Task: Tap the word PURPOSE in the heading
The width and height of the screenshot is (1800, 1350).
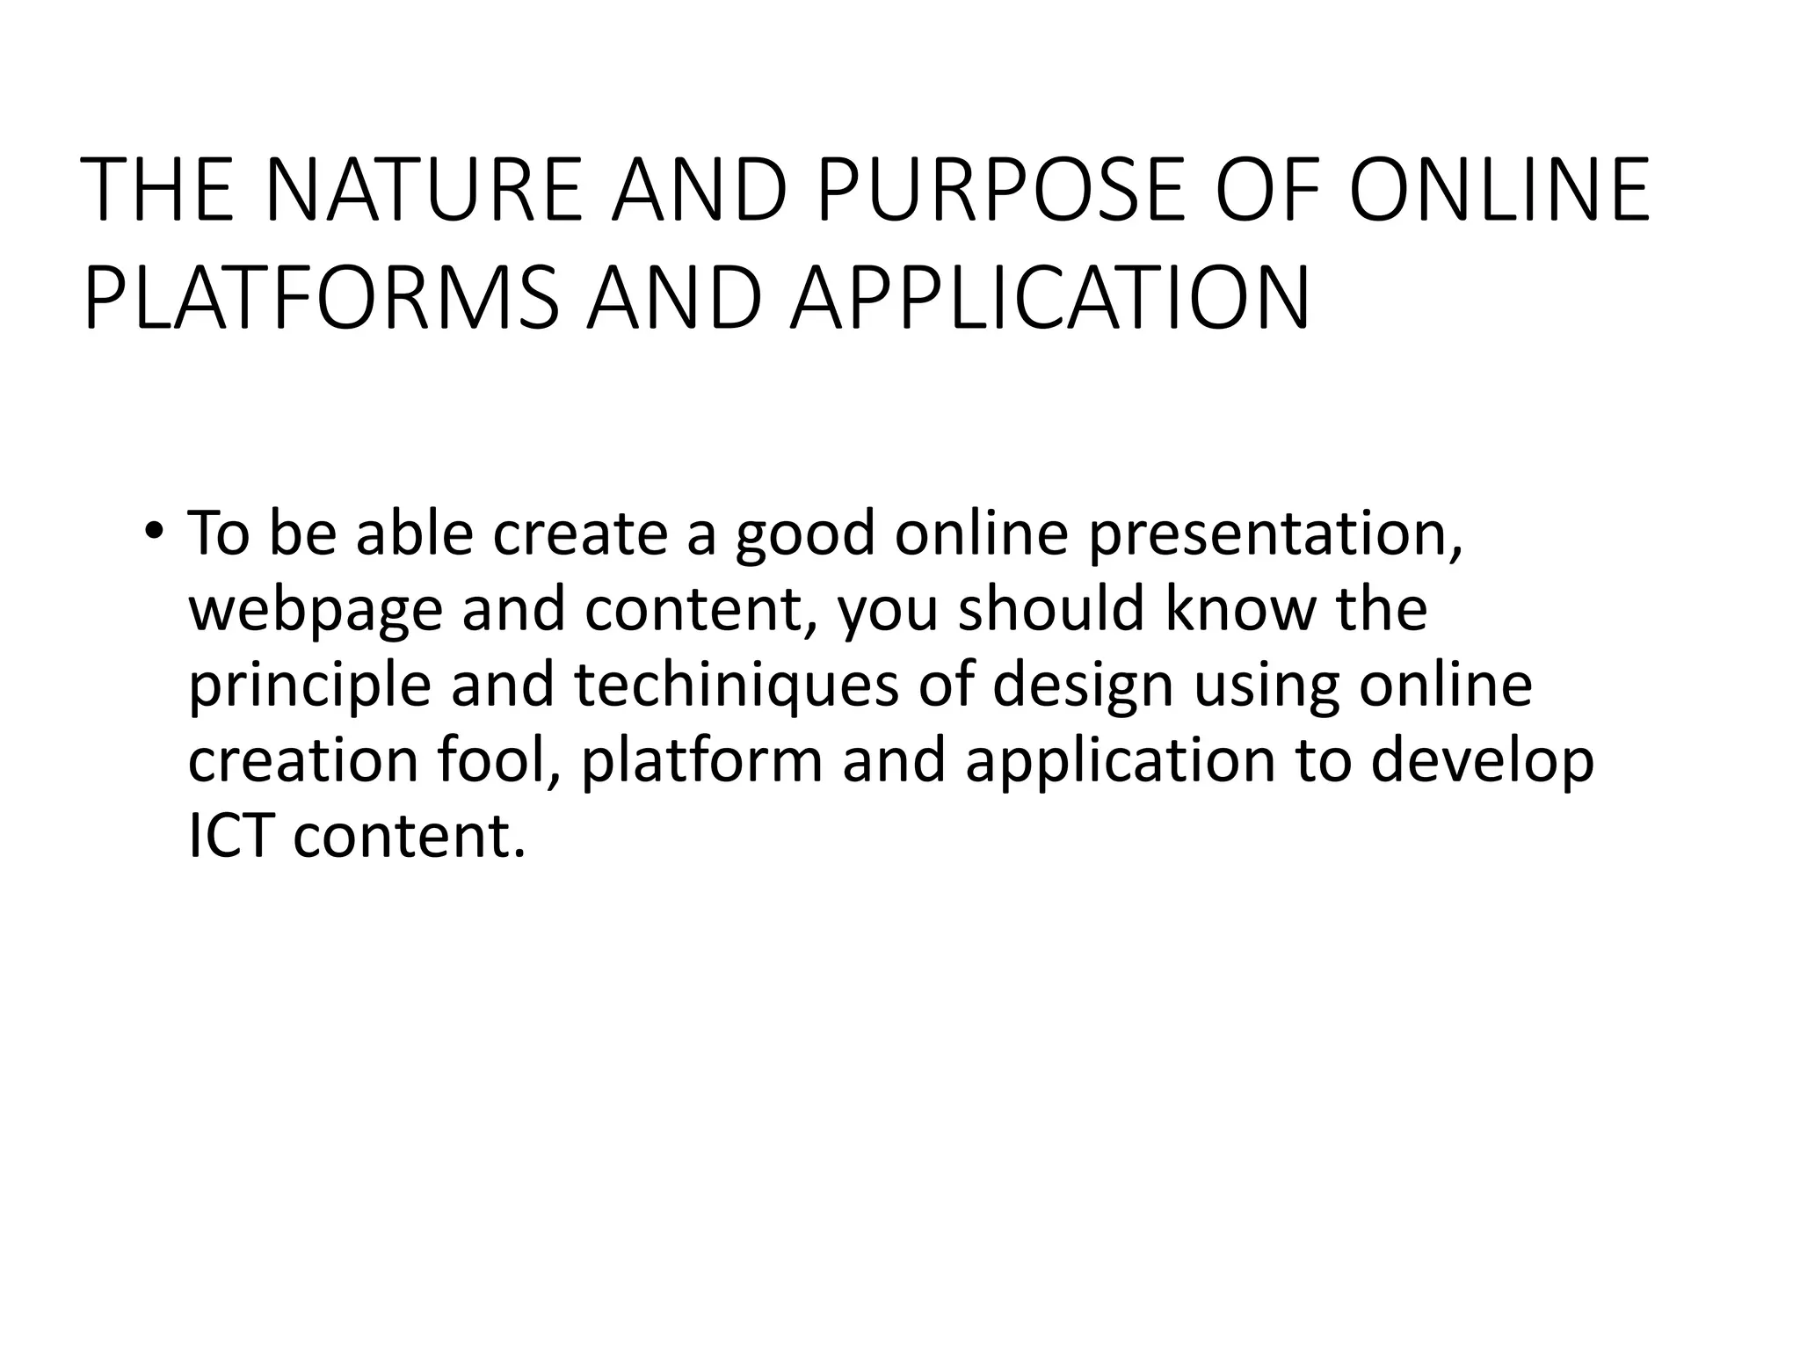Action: point(998,190)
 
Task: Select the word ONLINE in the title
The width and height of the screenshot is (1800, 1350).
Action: point(1499,190)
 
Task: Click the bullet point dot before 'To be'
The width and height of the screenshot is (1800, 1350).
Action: point(155,533)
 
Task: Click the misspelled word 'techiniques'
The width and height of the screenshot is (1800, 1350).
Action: point(737,686)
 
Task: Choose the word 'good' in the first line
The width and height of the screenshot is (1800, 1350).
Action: point(805,535)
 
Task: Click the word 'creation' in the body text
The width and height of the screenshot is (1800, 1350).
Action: point(302,760)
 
